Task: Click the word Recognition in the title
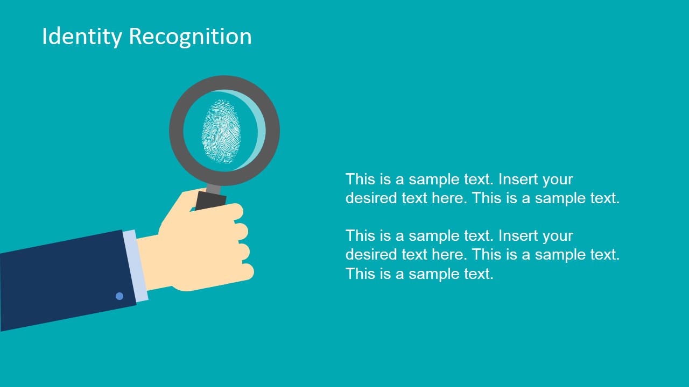(190, 37)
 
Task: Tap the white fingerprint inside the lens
(221, 131)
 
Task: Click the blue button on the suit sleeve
(119, 296)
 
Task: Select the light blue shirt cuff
(135, 266)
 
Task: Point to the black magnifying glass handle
(211, 201)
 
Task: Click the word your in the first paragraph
(558, 180)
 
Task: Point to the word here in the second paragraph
(449, 255)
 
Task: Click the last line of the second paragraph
(419, 274)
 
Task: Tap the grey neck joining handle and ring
(214, 189)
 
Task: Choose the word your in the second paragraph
(558, 236)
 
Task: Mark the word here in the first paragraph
(449, 198)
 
